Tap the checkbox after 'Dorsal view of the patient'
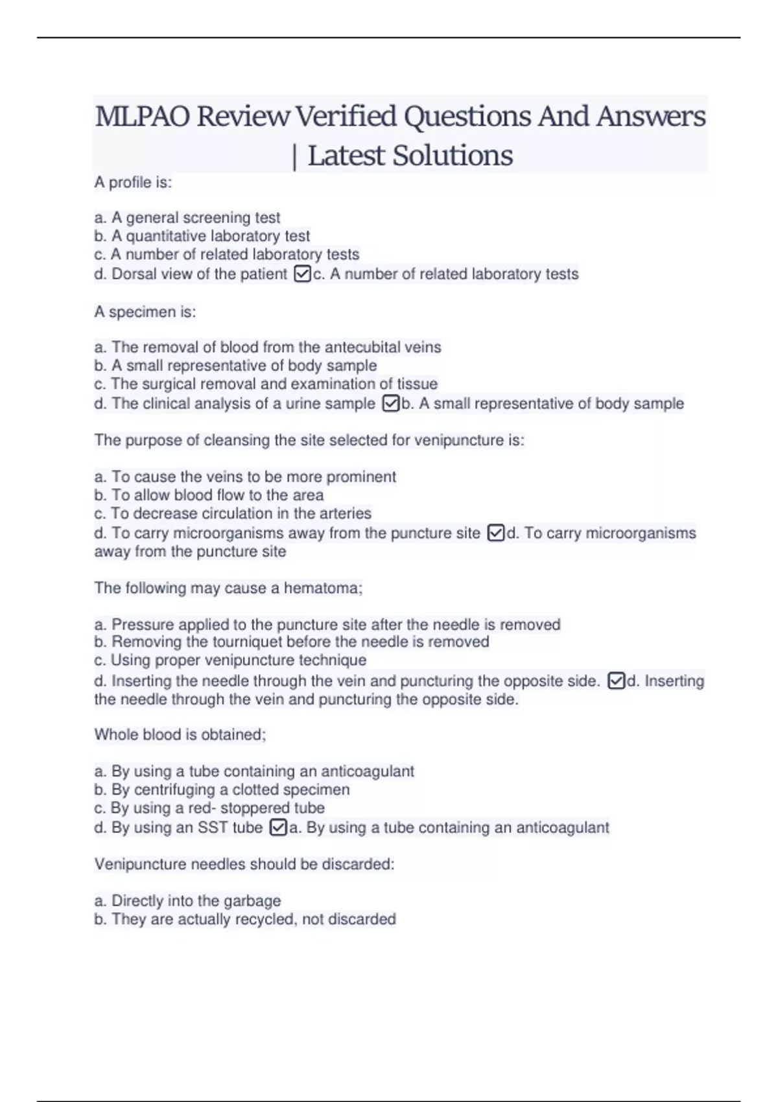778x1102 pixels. point(302,274)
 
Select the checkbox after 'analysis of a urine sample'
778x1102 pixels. point(391,404)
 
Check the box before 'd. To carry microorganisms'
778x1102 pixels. point(495,533)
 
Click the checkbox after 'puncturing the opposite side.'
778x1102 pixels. point(616,681)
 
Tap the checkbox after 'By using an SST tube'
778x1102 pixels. point(277,828)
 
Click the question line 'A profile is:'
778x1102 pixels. point(133,183)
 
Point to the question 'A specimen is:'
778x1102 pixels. point(145,312)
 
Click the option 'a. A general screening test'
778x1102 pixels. point(187,218)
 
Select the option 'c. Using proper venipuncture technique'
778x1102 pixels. point(230,660)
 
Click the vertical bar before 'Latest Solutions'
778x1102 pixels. point(295,157)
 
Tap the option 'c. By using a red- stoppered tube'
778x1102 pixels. point(209,808)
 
